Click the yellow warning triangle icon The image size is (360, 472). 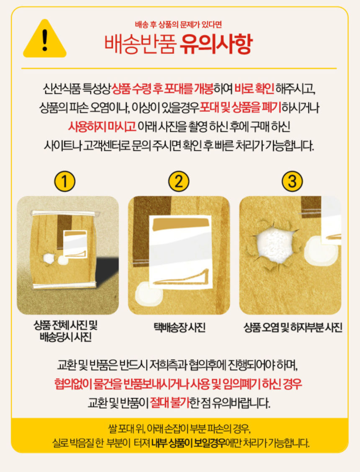tap(44, 39)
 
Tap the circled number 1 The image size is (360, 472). tap(64, 181)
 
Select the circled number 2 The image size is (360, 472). tap(179, 181)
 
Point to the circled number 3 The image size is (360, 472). tap(292, 181)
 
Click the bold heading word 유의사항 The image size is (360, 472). tap(215, 44)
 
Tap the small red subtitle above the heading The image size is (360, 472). tap(178, 25)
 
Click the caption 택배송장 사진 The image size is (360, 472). tap(179, 327)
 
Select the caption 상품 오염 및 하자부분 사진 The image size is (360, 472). tap(293, 327)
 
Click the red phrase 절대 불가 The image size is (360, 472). tap(170, 402)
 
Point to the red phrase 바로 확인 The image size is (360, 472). tap(254, 88)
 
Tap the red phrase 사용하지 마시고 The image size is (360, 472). tap(102, 126)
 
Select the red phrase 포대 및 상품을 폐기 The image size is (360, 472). tap(240, 108)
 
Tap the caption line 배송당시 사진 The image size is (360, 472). tap(66, 337)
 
